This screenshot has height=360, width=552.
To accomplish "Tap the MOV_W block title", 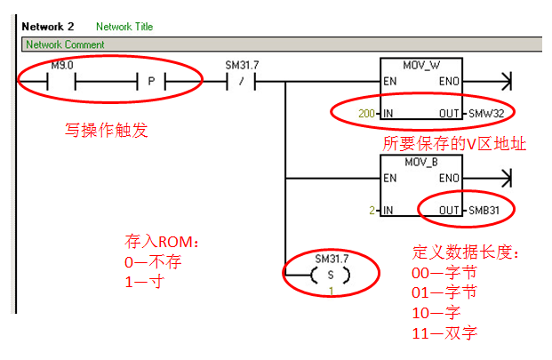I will pyautogui.click(x=420, y=66).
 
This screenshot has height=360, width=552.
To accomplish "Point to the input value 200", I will pyautogui.click(x=366, y=114).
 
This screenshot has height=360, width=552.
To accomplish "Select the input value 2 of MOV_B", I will pyautogui.click(x=373, y=211).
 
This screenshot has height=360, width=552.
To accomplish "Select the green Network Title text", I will pyautogui.click(x=124, y=27).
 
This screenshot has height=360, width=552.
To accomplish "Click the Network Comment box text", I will pyautogui.click(x=65, y=44).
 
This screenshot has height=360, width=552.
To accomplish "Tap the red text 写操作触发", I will pyautogui.click(x=106, y=132).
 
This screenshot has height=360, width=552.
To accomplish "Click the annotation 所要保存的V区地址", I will pyautogui.click(x=454, y=143).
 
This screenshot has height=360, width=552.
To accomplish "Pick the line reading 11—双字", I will pyautogui.click(x=444, y=333).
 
